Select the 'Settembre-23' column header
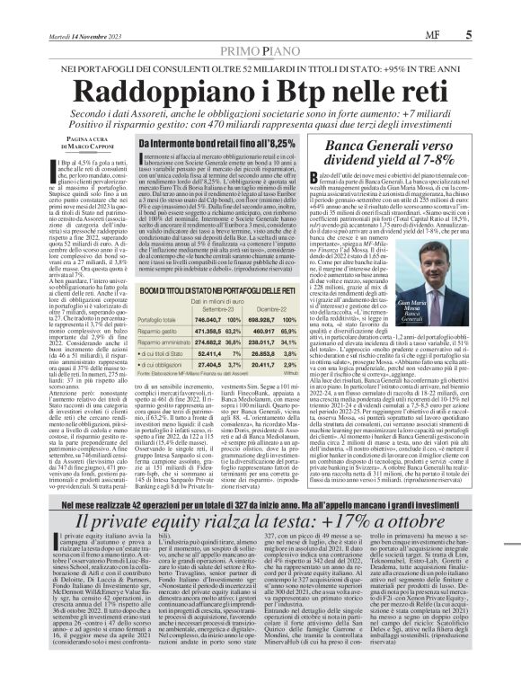point(208,308)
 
